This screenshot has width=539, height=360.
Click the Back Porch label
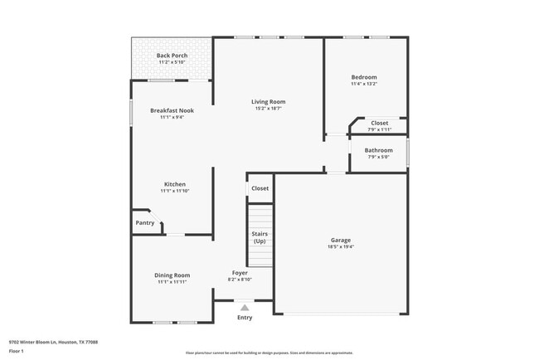(x=172, y=56)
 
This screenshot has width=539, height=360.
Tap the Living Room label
(x=269, y=102)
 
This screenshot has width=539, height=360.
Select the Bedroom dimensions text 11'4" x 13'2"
(x=364, y=83)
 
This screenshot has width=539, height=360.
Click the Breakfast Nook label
(x=172, y=110)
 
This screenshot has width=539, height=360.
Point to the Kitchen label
(x=174, y=184)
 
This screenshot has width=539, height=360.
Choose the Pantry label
(x=144, y=222)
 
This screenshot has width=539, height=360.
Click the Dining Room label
(x=172, y=275)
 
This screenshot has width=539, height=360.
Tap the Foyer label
(x=240, y=273)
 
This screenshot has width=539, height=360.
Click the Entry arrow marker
(x=245, y=307)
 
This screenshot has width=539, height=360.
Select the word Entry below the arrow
(x=245, y=318)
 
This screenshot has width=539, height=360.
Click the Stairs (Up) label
(x=260, y=237)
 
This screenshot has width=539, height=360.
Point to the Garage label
(x=341, y=240)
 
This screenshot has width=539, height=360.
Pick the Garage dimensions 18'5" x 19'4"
(x=341, y=247)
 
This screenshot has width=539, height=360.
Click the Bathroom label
(x=379, y=150)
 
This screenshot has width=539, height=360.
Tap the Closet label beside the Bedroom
(x=379, y=123)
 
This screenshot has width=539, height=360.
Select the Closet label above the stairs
(x=260, y=188)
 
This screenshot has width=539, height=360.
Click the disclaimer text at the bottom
(x=269, y=353)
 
